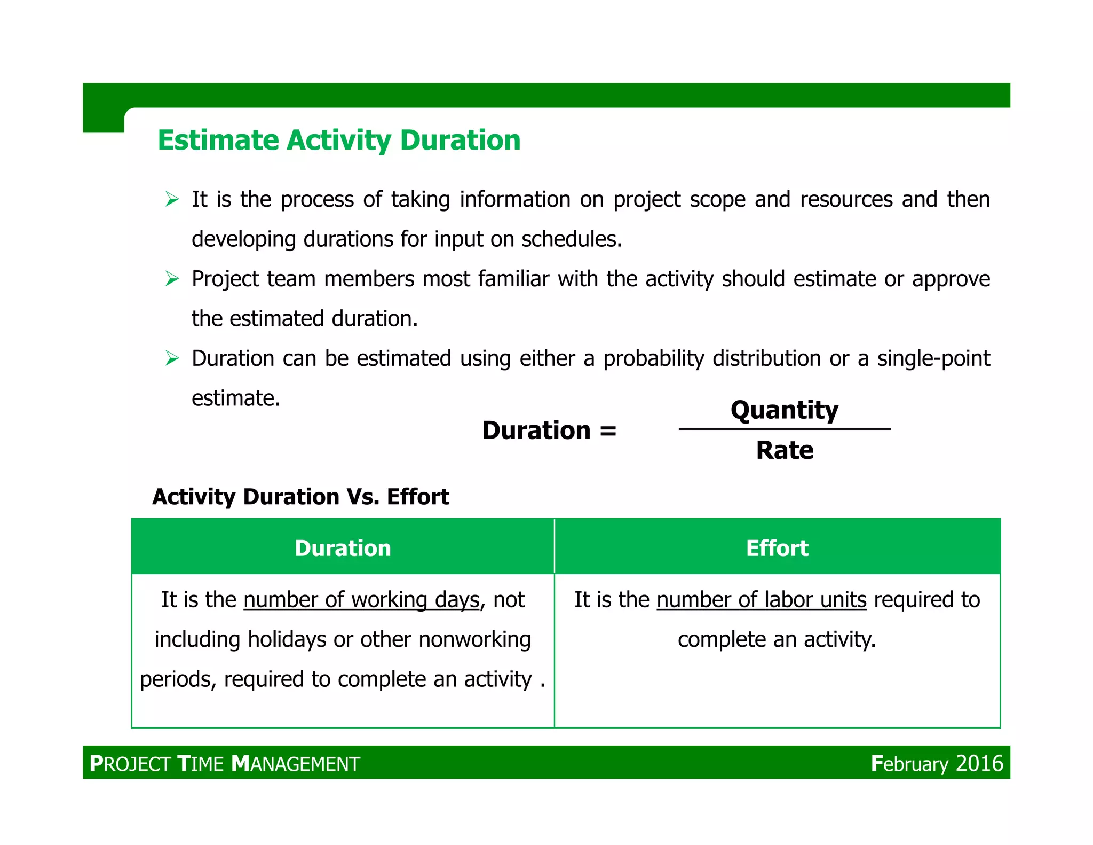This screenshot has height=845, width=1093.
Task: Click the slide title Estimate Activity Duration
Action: click(x=339, y=140)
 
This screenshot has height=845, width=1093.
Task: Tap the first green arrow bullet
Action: click(x=172, y=199)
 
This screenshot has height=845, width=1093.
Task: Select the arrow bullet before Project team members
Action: click(x=172, y=279)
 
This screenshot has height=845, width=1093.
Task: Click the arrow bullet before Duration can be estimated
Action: click(x=172, y=358)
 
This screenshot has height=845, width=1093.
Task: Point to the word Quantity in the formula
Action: click(x=784, y=410)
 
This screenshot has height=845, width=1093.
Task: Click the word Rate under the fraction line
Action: click(x=785, y=450)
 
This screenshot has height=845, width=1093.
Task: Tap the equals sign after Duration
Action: click(x=608, y=431)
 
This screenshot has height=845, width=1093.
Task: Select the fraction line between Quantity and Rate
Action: click(x=784, y=429)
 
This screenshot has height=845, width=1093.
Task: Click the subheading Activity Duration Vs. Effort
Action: click(x=300, y=497)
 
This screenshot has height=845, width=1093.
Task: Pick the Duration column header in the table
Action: click(x=343, y=548)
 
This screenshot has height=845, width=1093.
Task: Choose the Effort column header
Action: click(x=777, y=548)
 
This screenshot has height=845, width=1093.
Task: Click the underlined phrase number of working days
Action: click(x=362, y=600)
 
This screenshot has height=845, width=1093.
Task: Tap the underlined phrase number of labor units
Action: click(x=761, y=600)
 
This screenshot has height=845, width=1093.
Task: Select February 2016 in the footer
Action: click(x=937, y=763)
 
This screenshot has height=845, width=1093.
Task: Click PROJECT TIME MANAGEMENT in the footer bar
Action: click(x=225, y=763)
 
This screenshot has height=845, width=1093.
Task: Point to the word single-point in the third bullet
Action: click(x=933, y=358)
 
